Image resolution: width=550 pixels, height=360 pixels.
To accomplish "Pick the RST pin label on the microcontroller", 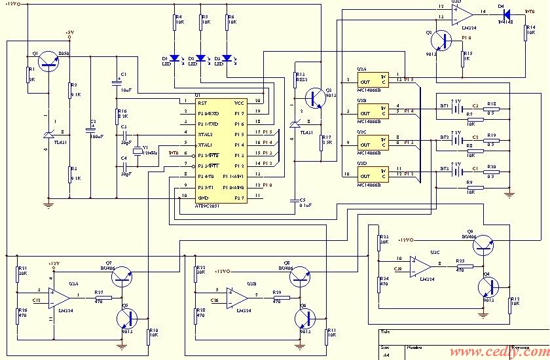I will click(x=202, y=103).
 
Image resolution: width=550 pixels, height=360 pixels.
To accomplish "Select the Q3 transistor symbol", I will click(x=316, y=98).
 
